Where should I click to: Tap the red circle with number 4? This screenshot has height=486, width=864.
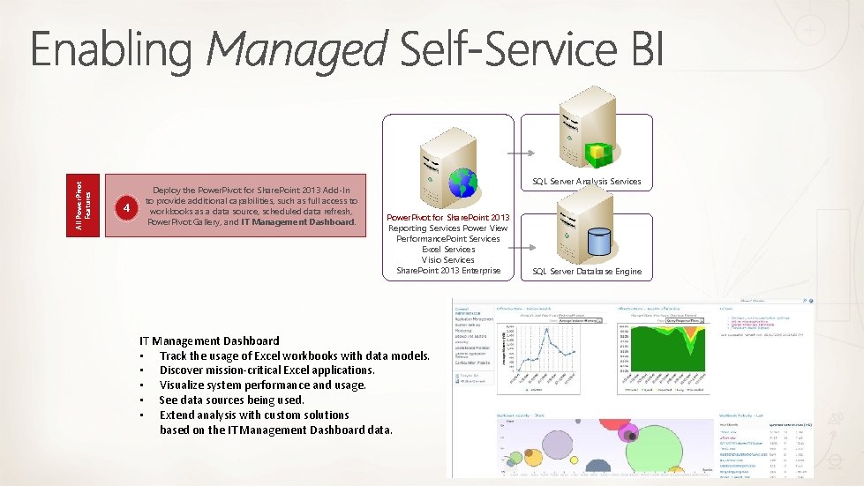(128, 209)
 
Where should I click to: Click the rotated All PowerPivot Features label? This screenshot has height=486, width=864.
(84, 205)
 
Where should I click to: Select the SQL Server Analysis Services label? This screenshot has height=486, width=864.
(586, 182)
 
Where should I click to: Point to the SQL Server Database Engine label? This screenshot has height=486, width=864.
(586, 271)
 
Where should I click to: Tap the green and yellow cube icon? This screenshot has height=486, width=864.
(600, 154)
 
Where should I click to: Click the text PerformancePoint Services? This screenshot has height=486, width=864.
(448, 239)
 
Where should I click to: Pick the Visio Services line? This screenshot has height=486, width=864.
(448, 260)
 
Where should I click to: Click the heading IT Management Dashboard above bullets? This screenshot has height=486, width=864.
(209, 340)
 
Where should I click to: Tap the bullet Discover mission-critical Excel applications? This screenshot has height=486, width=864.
(267, 370)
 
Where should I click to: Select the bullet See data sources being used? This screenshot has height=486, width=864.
(231, 400)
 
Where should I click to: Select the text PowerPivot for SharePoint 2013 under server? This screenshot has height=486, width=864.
(448, 218)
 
